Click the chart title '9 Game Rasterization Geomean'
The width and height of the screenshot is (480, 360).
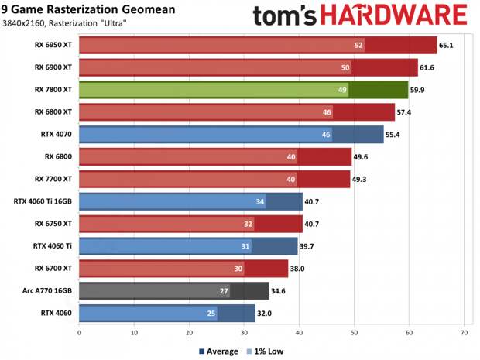click(87, 9)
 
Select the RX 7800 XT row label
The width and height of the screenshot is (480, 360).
click(53, 91)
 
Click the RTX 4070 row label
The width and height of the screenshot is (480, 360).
click(57, 135)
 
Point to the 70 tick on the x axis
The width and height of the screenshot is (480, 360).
click(464, 333)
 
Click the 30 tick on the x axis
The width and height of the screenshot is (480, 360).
click(244, 333)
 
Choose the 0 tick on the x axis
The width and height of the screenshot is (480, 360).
click(79, 333)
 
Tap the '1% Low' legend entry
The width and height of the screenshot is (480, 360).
click(268, 351)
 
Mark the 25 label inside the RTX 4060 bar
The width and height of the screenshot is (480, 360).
click(211, 314)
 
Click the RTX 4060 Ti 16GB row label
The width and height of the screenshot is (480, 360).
click(43, 202)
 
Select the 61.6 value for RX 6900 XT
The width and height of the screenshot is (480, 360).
click(429, 68)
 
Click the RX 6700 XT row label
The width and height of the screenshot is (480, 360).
click(53, 269)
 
